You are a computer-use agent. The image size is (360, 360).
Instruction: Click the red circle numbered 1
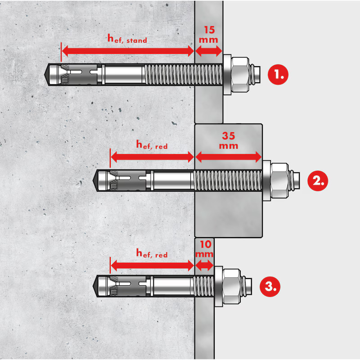point(278,75)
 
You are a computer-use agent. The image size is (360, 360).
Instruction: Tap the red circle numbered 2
point(318,181)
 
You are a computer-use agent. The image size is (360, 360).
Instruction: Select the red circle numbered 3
point(270,287)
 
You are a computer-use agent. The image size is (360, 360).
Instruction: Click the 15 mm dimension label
point(208,35)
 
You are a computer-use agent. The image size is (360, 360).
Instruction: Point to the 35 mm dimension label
point(229,140)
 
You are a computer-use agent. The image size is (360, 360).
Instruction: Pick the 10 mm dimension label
point(205,249)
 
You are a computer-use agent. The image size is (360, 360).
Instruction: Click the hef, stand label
point(127,39)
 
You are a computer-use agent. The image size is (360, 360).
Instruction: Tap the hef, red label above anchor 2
point(152,144)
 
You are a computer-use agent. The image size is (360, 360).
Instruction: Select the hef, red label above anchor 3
point(152,253)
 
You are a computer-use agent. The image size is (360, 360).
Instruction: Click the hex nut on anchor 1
point(240,75)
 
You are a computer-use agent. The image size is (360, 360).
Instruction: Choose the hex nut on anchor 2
point(279,181)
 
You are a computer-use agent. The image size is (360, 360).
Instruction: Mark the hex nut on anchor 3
point(232,287)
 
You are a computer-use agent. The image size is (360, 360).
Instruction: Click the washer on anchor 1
point(227,75)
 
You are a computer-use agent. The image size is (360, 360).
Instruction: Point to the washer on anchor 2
point(266,181)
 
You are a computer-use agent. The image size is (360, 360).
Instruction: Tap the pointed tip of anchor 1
point(45,75)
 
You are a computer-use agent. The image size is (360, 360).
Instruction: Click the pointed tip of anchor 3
point(93,287)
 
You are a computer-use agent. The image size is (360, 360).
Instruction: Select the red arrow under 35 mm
point(228,157)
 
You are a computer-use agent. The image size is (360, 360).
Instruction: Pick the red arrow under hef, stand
point(128,51)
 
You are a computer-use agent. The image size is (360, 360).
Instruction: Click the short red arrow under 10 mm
point(204,265)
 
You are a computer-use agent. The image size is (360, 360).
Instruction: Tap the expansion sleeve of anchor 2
point(129,181)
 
